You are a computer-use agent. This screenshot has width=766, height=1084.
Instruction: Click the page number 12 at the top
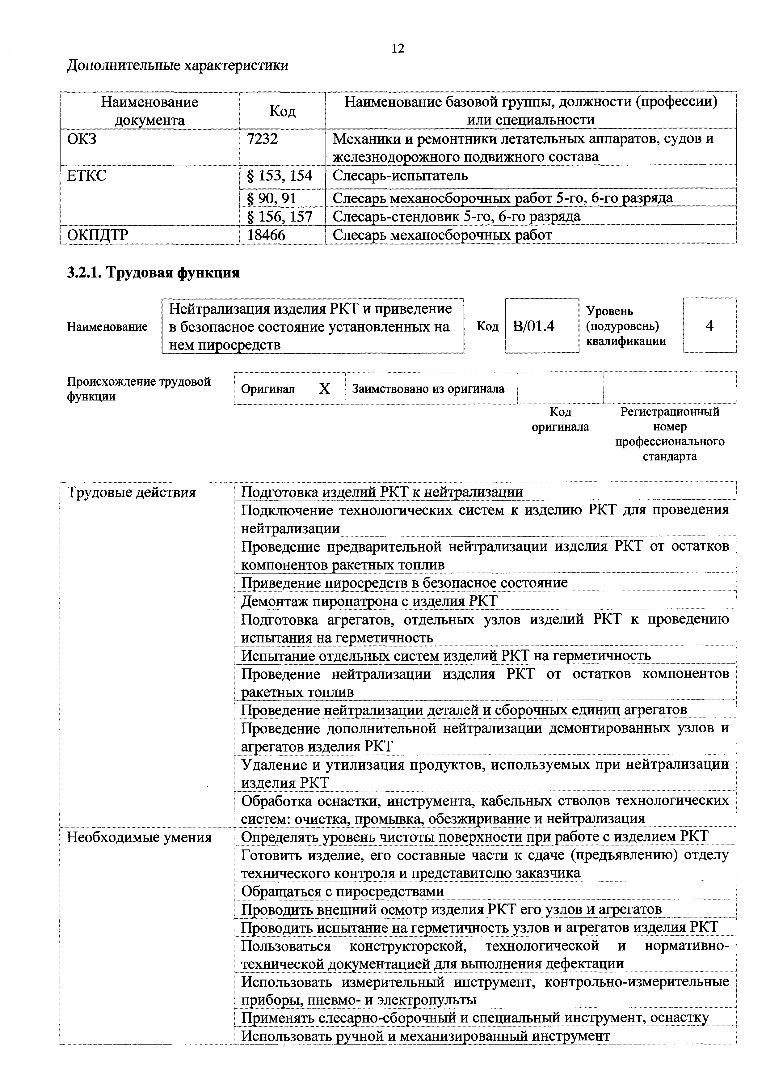[398, 49]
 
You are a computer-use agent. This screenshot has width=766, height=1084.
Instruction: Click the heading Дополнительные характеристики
[178, 65]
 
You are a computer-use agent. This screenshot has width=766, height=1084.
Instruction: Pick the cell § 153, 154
[280, 176]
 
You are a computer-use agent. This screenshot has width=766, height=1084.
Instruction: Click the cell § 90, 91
[271, 197]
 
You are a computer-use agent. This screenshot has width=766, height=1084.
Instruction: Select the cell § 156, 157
[280, 216]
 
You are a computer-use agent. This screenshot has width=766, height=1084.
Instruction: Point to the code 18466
[266, 235]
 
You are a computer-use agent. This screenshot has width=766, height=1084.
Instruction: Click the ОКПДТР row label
[98, 235]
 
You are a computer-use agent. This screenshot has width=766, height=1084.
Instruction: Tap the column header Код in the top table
[282, 111]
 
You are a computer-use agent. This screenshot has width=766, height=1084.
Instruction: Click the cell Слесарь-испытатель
[400, 176]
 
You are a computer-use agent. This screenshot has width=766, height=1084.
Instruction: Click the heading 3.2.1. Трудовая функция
[154, 273]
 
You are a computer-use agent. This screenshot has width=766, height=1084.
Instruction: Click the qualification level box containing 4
[709, 325]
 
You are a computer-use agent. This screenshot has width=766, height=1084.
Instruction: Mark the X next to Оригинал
[324, 388]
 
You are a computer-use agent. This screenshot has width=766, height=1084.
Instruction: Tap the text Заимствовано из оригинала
[428, 388]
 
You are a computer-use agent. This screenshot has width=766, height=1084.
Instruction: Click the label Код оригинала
[560, 419]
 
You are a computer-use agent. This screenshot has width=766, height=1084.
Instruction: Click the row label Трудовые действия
[131, 493]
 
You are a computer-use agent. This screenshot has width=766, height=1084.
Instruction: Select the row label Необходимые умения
[139, 837]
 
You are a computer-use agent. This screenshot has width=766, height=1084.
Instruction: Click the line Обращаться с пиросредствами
[342, 891]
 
